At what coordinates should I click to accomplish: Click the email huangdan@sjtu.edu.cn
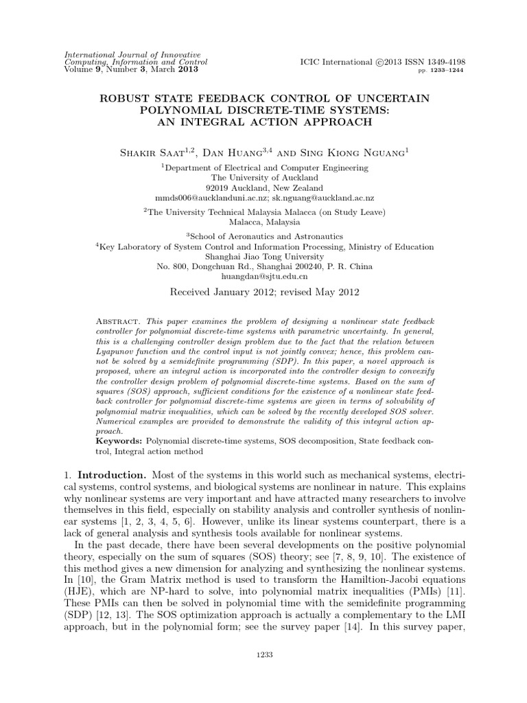(x=263, y=276)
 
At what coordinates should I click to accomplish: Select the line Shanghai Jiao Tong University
(x=263, y=257)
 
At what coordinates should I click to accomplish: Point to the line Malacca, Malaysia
(x=263, y=222)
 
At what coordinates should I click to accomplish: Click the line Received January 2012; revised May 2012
(x=263, y=292)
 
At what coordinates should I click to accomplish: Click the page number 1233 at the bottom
(x=263, y=655)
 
